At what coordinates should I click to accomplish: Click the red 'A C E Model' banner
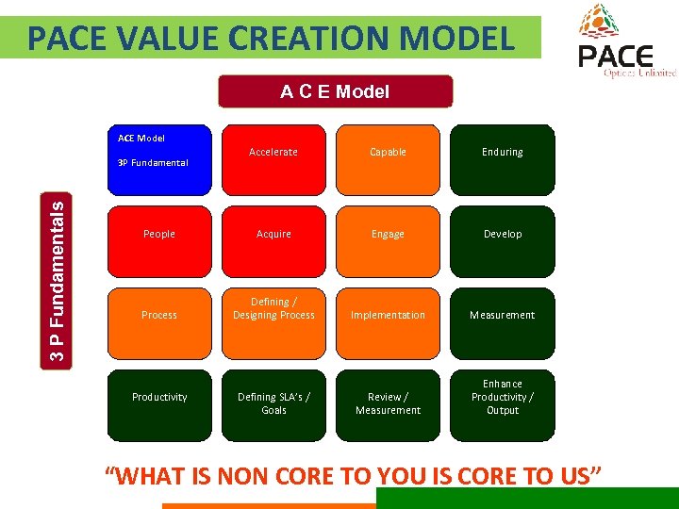(x=335, y=91)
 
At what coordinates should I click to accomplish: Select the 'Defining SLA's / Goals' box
(x=273, y=403)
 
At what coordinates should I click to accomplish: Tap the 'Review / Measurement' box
(x=388, y=403)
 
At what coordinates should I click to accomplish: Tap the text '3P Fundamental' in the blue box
(x=153, y=163)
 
